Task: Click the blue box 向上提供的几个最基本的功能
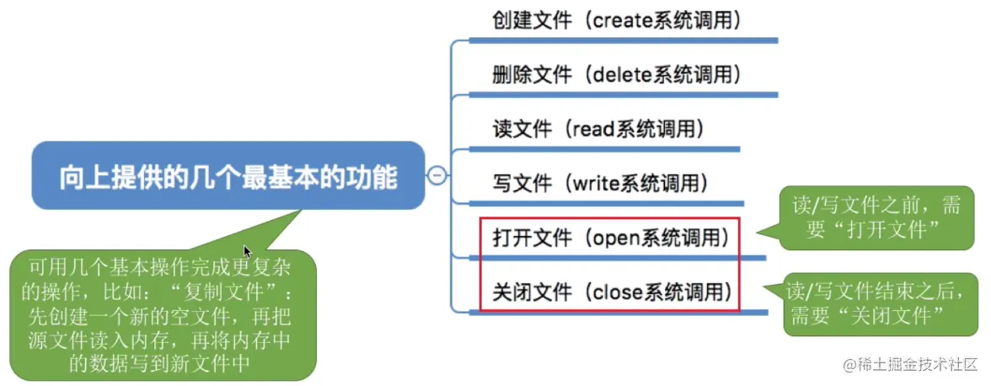coord(228,177)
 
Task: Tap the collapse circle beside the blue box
coord(437,175)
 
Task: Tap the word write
coord(597,182)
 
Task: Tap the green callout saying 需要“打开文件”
coord(871,217)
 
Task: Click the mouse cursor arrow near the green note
coord(248,252)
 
